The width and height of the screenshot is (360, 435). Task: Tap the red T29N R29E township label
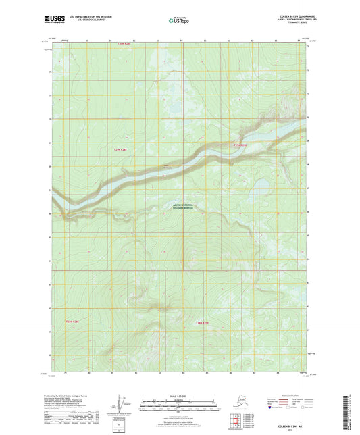coord(241,145)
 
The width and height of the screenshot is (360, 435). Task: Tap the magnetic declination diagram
coord(119,403)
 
